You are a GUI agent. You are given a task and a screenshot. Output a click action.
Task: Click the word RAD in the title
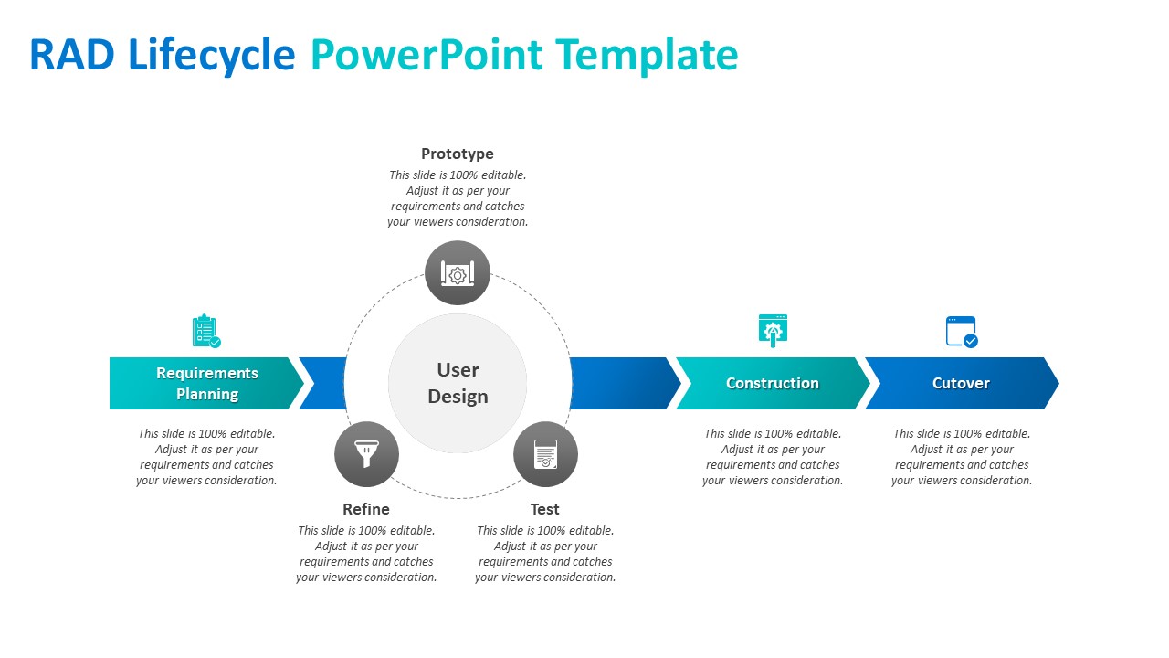pyautogui.click(x=72, y=55)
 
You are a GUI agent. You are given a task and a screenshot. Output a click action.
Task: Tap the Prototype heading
pyautogui.click(x=457, y=154)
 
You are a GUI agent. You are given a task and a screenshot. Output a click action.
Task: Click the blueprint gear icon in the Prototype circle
pyautogui.click(x=457, y=273)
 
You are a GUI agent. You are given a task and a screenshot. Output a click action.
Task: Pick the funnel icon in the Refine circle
pyautogui.click(x=366, y=453)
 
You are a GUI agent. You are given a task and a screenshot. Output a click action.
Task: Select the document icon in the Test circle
pyautogui.click(x=545, y=453)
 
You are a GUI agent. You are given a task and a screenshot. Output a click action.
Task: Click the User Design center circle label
pyautogui.click(x=458, y=383)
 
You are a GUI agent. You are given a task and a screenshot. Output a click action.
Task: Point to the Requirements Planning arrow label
pyautogui.click(x=207, y=383)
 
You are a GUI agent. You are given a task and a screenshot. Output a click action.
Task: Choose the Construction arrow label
pyautogui.click(x=772, y=383)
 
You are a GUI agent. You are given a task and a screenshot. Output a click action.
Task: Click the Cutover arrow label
pyautogui.click(x=961, y=383)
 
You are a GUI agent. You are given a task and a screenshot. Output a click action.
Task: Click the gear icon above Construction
pyautogui.click(x=773, y=331)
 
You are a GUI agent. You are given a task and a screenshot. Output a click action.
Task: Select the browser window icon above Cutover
pyautogui.click(x=962, y=331)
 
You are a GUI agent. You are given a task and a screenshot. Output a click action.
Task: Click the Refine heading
pyautogui.click(x=366, y=509)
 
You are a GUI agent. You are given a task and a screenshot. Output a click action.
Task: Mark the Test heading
pyautogui.click(x=545, y=509)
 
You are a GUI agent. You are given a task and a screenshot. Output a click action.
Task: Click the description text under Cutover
pyautogui.click(x=962, y=457)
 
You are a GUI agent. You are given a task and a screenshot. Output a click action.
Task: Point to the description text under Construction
pyautogui.click(x=773, y=457)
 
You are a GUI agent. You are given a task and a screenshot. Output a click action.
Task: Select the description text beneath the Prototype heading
pyautogui.click(x=458, y=198)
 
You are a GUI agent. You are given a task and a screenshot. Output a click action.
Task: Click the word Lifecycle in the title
pyautogui.click(x=212, y=55)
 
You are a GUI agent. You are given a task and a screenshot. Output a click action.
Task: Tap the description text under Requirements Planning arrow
pyautogui.click(x=206, y=457)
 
